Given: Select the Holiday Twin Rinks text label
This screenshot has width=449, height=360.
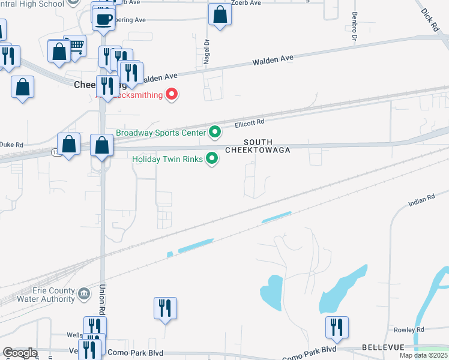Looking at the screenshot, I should [x=167, y=159].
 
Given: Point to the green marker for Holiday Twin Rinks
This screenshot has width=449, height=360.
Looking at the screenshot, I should [x=211, y=159].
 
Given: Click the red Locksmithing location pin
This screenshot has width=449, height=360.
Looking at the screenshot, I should [x=172, y=94].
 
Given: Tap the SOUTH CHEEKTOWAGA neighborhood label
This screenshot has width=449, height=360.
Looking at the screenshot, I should [x=258, y=146].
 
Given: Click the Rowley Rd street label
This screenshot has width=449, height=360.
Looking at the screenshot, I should [x=408, y=330].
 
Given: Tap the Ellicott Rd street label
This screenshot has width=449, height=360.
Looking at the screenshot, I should [x=250, y=123].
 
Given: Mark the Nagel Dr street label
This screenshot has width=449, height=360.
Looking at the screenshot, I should [x=206, y=52].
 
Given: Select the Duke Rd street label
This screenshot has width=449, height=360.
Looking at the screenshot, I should [x=11, y=145].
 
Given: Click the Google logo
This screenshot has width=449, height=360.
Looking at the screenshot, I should [x=20, y=353].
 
